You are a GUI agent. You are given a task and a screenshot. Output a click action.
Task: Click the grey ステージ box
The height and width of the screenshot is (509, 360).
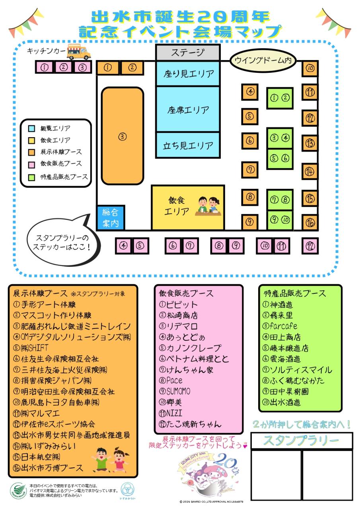(187, 52)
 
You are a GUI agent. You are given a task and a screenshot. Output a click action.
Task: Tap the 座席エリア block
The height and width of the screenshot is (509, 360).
(187, 109)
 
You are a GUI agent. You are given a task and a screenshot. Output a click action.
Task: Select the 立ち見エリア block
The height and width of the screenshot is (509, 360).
(187, 146)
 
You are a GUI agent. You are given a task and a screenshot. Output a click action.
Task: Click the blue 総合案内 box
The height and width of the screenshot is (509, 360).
(111, 218)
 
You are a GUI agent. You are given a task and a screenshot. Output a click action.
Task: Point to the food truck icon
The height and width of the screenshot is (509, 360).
(78, 51)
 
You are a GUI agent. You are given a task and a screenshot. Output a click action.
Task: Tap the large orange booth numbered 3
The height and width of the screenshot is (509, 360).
(122, 136)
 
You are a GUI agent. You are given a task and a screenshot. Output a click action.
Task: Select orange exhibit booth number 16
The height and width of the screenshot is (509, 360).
(310, 222)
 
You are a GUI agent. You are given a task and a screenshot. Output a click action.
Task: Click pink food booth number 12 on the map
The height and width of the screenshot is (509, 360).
(310, 245)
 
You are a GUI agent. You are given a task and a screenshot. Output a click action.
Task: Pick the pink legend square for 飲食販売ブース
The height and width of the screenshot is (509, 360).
(32, 163)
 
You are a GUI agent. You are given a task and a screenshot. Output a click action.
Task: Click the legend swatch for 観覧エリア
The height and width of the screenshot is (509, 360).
(32, 128)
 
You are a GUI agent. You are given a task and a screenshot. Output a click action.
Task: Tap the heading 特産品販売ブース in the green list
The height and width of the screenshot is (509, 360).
(295, 294)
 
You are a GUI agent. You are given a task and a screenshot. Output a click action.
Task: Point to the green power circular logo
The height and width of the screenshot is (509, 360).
(18, 490)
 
